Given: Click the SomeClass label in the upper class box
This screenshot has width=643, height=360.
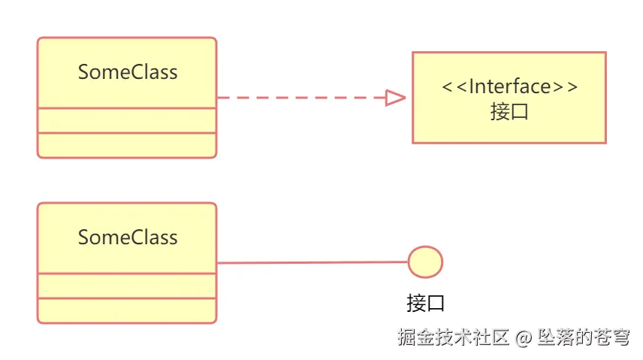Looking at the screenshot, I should pyautogui.click(x=128, y=72).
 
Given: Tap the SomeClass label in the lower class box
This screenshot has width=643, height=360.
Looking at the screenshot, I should pyautogui.click(x=128, y=237).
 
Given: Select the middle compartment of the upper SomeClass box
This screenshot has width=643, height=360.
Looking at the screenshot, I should pyautogui.click(x=127, y=120).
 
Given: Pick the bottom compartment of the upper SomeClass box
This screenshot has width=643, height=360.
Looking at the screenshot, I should pyautogui.click(x=127, y=145).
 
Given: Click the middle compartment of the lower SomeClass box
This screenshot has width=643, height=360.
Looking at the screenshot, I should pyautogui.click(x=127, y=286).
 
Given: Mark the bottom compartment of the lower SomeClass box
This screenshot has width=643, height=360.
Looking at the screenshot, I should pyautogui.click(x=127, y=310).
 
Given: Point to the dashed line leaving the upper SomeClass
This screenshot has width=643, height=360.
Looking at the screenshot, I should pyautogui.click(x=300, y=98).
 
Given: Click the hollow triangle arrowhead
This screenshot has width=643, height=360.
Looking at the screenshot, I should pyautogui.click(x=395, y=98).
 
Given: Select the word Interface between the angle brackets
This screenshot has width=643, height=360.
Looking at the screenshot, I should pyautogui.click(x=510, y=86).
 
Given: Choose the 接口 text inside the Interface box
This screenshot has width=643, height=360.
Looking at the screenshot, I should pyautogui.click(x=509, y=112).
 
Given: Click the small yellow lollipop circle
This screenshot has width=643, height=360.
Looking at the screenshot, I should pyautogui.click(x=425, y=262).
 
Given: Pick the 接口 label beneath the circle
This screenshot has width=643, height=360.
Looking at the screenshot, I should pyautogui.click(x=426, y=304).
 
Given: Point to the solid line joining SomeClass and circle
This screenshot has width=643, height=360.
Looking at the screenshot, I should pyautogui.click(x=312, y=263).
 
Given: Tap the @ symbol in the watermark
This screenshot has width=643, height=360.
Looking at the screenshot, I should pyautogui.click(x=524, y=338).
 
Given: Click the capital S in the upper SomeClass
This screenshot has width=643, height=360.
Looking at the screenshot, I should pyautogui.click(x=83, y=72).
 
